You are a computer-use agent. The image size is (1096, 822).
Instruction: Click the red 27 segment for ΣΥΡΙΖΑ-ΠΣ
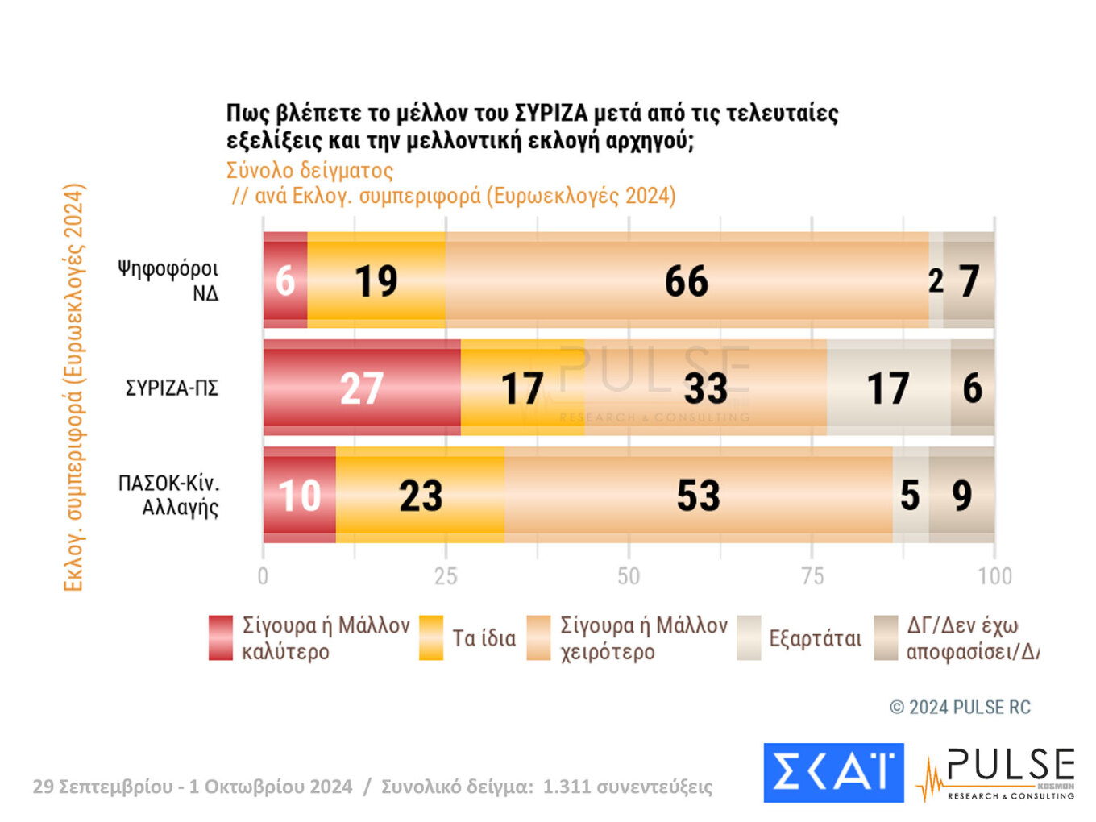tap(362, 388)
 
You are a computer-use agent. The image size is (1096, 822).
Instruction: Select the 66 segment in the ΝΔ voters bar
tap(687, 280)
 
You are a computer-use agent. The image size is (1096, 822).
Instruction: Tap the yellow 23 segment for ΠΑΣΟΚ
tap(420, 495)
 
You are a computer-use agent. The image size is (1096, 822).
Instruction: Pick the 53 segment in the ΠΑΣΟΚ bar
tap(698, 495)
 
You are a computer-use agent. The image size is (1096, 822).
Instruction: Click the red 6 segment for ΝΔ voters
tap(285, 280)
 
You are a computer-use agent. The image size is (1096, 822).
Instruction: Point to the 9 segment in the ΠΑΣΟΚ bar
tap(961, 495)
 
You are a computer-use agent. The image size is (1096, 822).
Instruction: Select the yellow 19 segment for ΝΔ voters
tap(376, 280)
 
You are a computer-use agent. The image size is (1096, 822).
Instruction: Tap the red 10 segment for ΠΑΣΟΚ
tap(299, 495)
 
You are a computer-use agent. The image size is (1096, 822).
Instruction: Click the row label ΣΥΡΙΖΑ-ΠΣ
tap(172, 388)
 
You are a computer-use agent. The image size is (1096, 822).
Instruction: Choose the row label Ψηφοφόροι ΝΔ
tap(168, 280)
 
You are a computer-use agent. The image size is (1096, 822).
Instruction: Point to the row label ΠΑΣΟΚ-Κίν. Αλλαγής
tap(169, 495)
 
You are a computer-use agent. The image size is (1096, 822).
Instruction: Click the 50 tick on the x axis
tap(629, 575)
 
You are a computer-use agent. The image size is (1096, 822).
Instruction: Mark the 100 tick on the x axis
tap(994, 575)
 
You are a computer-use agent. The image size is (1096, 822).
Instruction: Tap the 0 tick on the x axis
tap(263, 575)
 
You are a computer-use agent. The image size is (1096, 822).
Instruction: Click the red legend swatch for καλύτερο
tap(221, 637)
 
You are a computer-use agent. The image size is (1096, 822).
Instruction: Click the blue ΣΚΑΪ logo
tap(833, 772)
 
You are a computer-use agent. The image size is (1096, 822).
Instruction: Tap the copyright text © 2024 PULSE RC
tap(960, 707)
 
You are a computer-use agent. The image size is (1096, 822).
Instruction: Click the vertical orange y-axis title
tap(73, 388)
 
